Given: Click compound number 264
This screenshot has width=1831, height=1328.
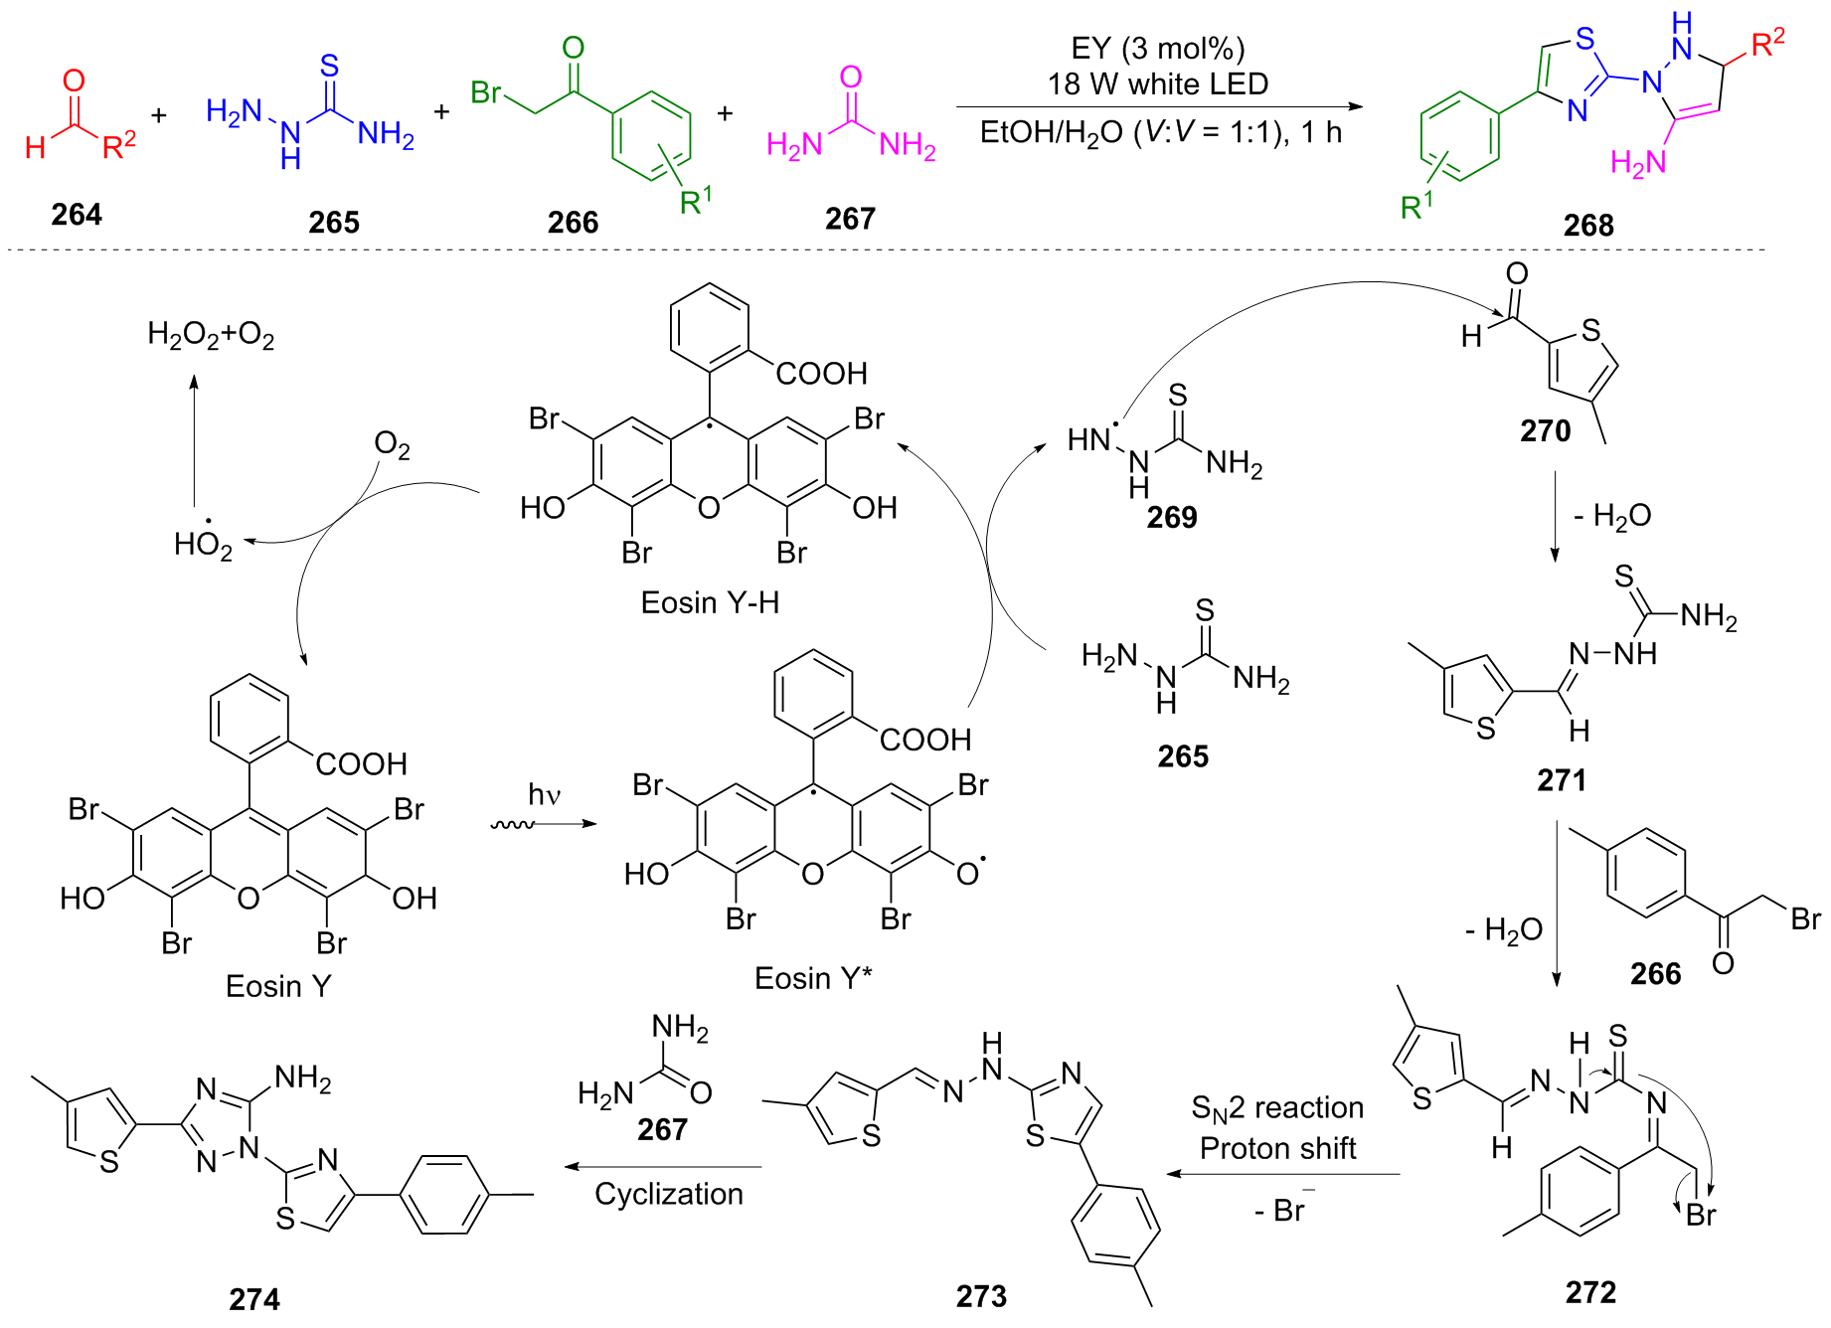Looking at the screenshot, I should (77, 215).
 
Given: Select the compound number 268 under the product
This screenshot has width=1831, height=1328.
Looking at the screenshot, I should (1587, 226).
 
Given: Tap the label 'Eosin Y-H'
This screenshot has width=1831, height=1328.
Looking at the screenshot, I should (710, 602).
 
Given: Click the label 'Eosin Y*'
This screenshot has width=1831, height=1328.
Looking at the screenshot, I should (812, 978).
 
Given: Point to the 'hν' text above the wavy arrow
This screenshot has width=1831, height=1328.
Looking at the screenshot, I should (545, 794).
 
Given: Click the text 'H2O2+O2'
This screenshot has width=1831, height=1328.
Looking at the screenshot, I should (211, 334).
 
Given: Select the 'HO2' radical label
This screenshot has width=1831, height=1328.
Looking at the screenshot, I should (203, 544).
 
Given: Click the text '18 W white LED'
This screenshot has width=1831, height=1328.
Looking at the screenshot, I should (1157, 83).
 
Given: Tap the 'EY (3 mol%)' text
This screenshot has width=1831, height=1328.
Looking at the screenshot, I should (1157, 49).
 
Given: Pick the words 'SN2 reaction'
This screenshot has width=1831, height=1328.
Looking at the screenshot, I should (1277, 1108).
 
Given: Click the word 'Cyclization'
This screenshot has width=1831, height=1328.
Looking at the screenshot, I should (669, 1194).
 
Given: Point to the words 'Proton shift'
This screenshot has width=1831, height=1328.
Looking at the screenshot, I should (1277, 1149).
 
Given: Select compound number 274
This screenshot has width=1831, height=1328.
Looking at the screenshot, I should (254, 1299).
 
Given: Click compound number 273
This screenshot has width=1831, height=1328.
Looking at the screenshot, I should (981, 1296).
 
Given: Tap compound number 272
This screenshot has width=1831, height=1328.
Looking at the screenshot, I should (1590, 1292).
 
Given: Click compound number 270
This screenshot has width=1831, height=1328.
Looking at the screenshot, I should (1545, 431).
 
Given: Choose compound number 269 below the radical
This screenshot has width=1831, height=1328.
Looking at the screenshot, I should (1172, 518).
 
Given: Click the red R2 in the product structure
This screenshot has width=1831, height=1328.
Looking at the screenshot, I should (1767, 44).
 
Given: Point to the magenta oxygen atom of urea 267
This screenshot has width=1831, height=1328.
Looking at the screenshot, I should (851, 77).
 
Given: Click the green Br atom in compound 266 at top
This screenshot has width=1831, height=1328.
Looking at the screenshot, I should (485, 92).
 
